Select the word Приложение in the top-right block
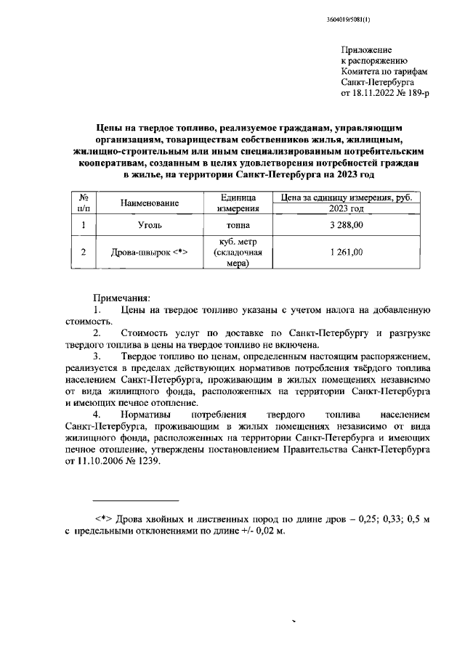click(365, 49)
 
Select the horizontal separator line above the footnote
click(136, 500)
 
